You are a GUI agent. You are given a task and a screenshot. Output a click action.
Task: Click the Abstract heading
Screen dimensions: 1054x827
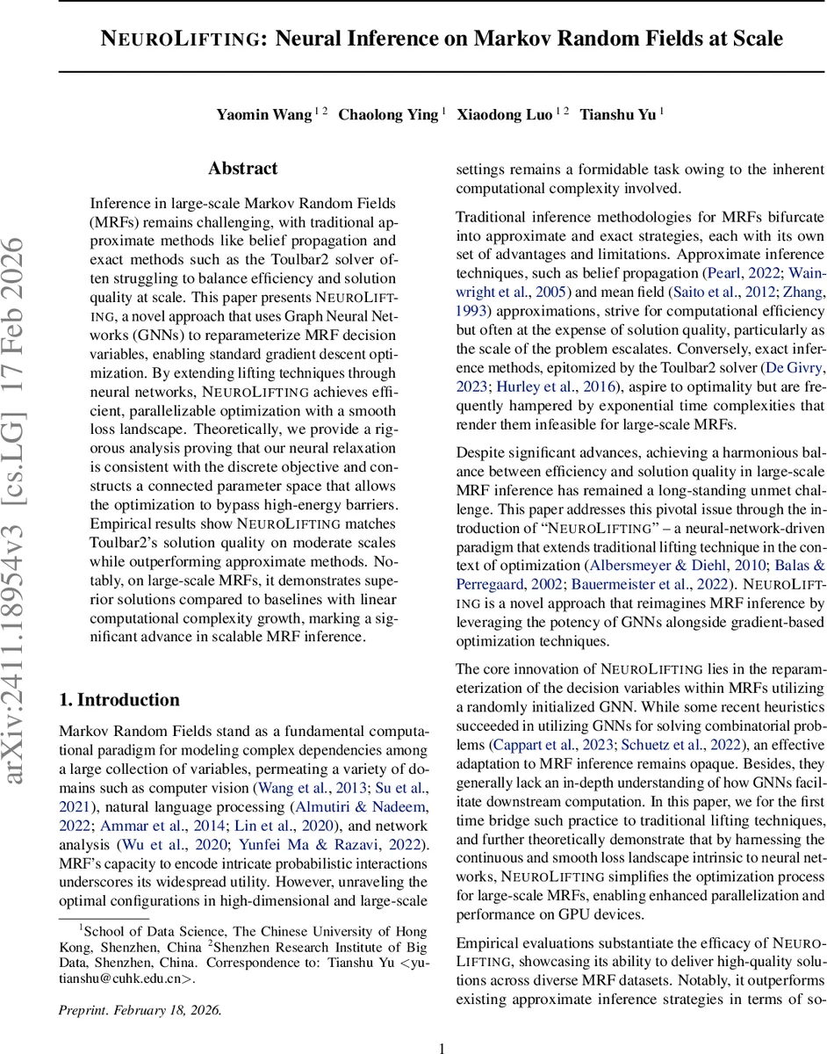[242, 169]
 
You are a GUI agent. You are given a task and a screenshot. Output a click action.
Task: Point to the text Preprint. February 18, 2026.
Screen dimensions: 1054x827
[140, 985]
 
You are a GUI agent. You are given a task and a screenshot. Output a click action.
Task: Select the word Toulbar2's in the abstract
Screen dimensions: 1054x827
[124, 542]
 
